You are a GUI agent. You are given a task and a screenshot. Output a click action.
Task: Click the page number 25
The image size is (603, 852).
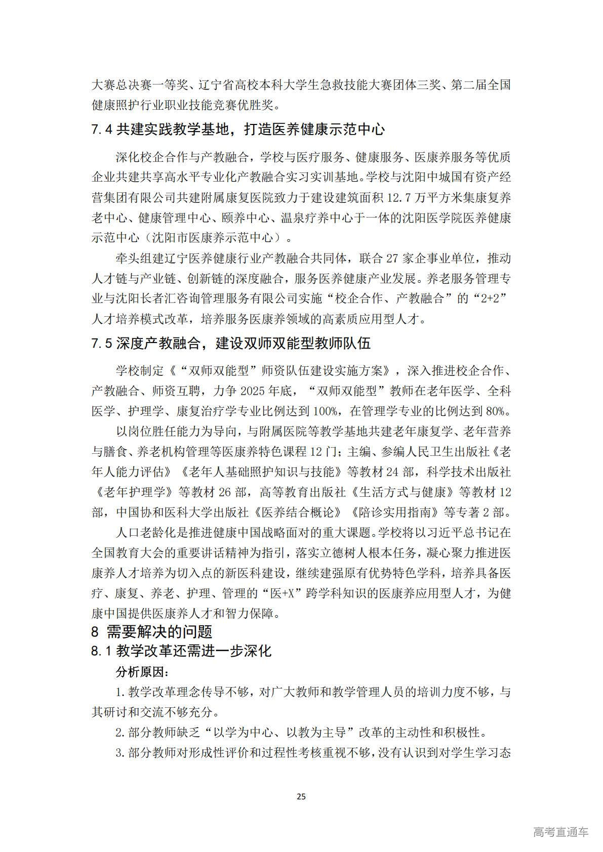(301, 797)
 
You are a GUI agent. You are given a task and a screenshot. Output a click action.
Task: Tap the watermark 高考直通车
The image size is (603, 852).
(560, 832)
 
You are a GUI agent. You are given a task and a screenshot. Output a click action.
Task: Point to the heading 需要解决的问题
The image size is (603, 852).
(159, 632)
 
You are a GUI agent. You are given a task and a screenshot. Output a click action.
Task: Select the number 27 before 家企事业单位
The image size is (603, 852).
(393, 259)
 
